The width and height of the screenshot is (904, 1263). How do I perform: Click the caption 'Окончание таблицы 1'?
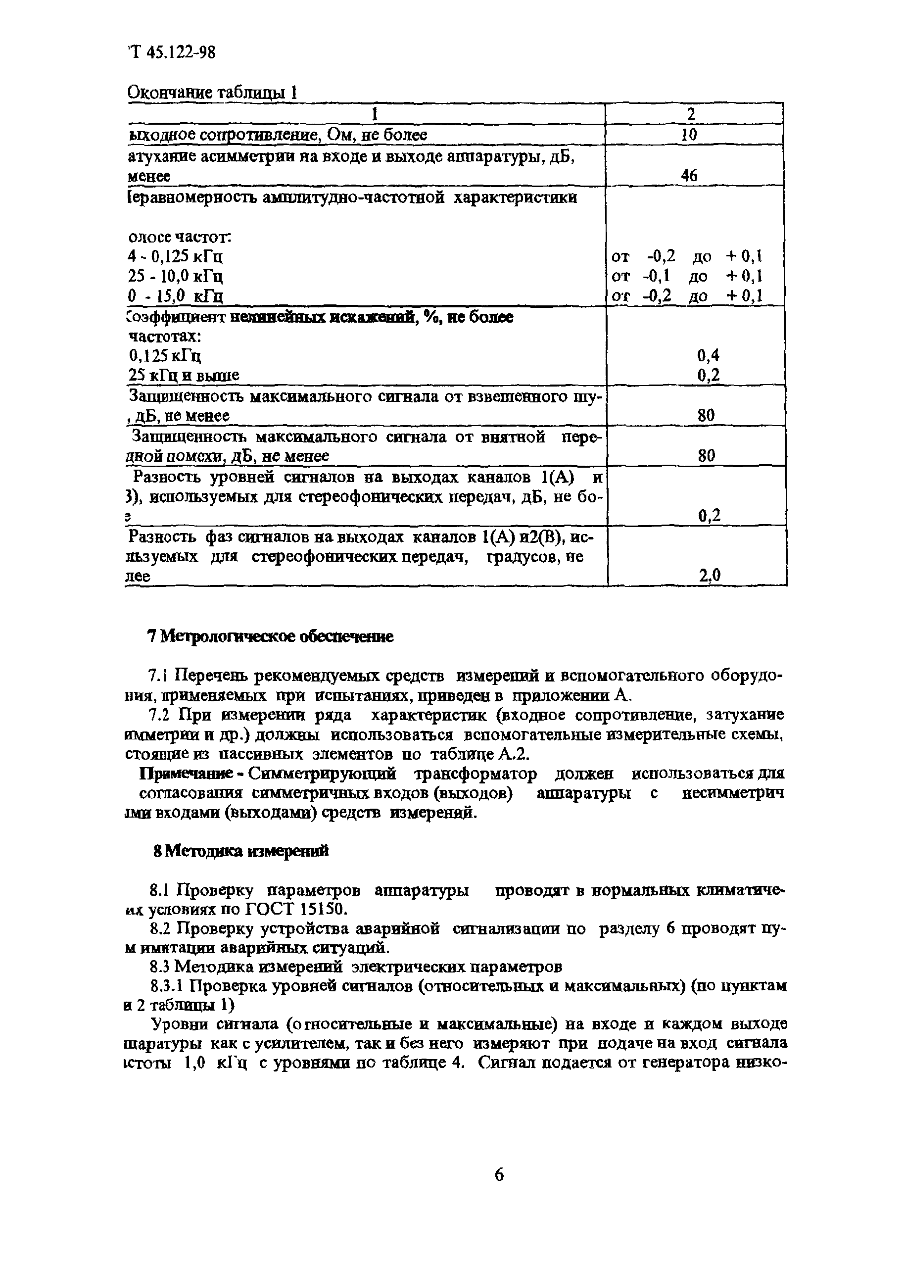pos(213,93)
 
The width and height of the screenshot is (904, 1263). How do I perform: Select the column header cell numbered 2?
pos(691,114)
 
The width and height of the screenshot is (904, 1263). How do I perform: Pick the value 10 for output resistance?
pos(690,135)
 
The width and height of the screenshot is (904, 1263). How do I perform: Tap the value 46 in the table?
pos(689,176)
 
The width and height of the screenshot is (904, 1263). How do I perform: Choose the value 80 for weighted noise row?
pos(707,415)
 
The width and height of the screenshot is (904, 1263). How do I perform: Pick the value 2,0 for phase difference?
pos(710,575)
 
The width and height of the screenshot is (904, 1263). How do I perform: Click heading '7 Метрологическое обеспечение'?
pos(270,637)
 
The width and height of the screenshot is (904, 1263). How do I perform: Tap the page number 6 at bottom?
pos(499,1175)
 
